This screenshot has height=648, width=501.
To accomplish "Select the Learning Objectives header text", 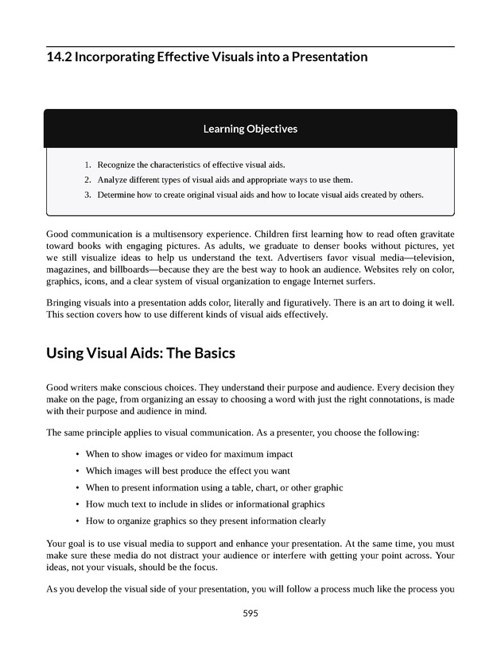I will [x=250, y=128].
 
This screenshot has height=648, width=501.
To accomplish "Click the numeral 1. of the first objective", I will [x=87, y=165].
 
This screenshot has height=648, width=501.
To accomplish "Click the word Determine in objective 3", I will [x=118, y=195].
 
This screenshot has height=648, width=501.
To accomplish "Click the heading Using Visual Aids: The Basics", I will [x=141, y=352].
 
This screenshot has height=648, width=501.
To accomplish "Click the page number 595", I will [x=250, y=613].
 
